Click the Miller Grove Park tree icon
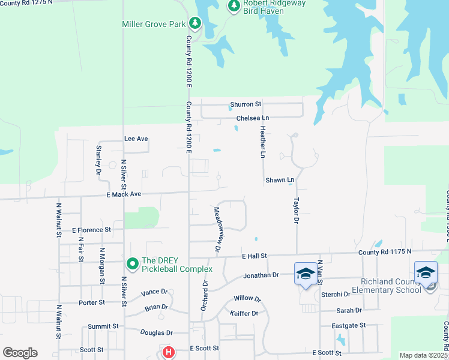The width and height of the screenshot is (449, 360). coord(194,23)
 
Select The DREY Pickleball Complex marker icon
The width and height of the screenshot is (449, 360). coord(132,263)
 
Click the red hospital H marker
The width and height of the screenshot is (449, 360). coord(169,352)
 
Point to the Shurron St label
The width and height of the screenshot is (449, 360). coord(246,104)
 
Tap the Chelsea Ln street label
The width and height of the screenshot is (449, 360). coord(252,118)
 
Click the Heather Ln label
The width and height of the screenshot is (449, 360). coord(262,142)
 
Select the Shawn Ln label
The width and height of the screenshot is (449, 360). coord(280,180)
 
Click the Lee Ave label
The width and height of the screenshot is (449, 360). coord(136,139)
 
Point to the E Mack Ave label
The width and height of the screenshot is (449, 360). coord(124,194)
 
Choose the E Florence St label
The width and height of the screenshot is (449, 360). coord(91,230)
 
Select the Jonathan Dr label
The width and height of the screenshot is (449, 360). coord(261,275)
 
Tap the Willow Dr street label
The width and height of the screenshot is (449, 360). coord(247,298)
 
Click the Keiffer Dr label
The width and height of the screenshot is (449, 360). coord(244,313)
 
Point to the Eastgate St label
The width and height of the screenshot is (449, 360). coord(348,325)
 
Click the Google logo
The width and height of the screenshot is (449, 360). coord(20,353)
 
